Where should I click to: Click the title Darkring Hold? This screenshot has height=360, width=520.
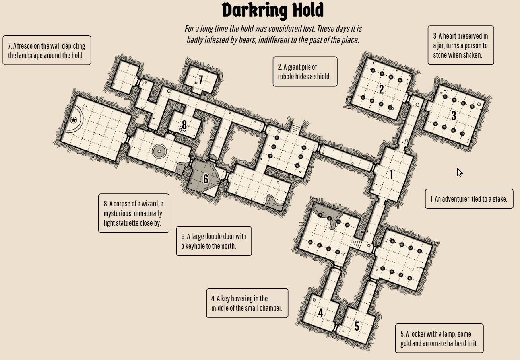click(273, 11)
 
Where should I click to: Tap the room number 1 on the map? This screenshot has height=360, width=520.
click(391, 175)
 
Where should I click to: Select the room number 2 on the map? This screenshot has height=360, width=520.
click(381, 90)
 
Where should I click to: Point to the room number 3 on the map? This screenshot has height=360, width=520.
click(454, 116)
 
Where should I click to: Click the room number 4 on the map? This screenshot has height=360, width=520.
click(320, 313)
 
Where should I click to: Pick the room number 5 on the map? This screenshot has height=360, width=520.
click(357, 326)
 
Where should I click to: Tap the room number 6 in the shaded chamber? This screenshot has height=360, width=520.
click(206, 179)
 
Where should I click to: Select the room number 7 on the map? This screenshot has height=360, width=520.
click(201, 80)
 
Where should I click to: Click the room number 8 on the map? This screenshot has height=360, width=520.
click(184, 125)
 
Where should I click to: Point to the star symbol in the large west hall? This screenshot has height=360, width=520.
click(74, 120)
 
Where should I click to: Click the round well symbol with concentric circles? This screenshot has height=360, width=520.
click(159, 151)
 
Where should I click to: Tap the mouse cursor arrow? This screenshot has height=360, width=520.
click(460, 173)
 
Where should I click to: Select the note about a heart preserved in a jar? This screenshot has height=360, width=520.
click(461, 45)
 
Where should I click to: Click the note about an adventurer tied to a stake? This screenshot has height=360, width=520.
click(469, 199)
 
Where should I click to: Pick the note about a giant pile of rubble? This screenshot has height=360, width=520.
click(305, 72)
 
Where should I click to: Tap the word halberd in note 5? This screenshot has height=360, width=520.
click(456, 343)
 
